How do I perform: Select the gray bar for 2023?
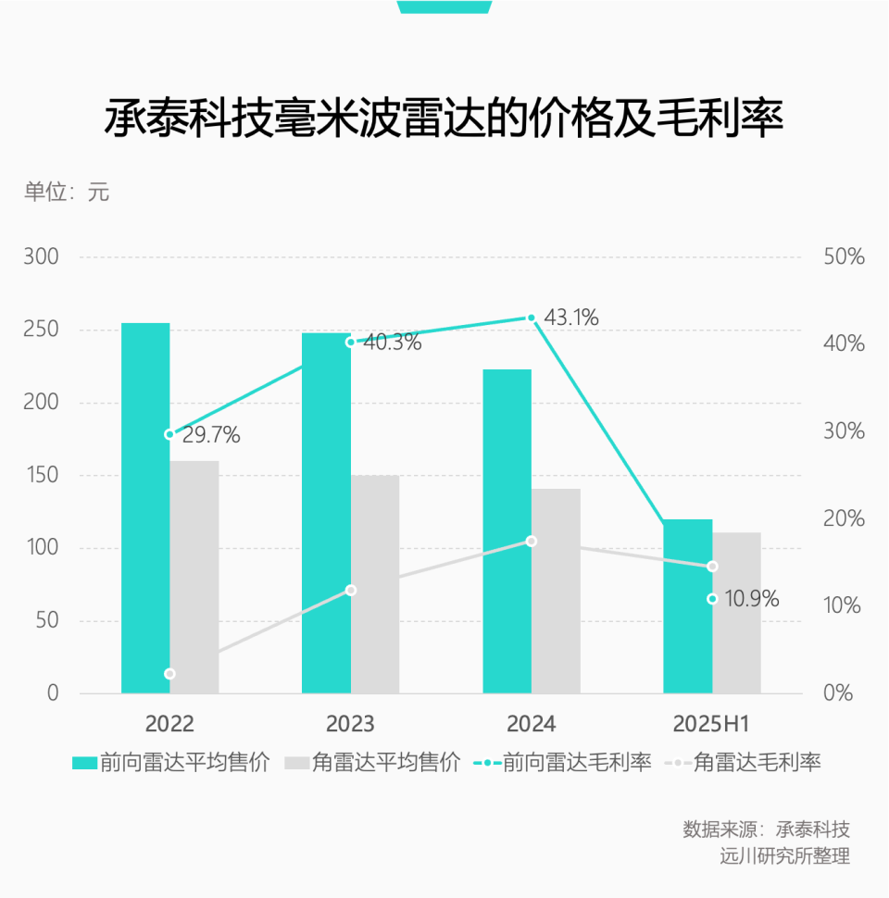(375, 584)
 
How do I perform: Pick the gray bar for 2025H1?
(736, 612)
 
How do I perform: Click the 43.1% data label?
(570, 318)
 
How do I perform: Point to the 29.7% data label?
(211, 435)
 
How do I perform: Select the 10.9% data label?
(751, 599)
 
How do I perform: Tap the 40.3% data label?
(393, 343)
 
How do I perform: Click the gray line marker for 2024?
(532, 541)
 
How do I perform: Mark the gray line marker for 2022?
(169, 674)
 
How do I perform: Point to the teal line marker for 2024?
(532, 318)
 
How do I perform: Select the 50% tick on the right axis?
(844, 257)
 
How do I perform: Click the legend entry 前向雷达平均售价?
(171, 763)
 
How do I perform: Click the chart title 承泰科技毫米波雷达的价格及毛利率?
(444, 120)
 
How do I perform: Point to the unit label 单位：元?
(67, 193)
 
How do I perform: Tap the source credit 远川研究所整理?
(784, 855)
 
